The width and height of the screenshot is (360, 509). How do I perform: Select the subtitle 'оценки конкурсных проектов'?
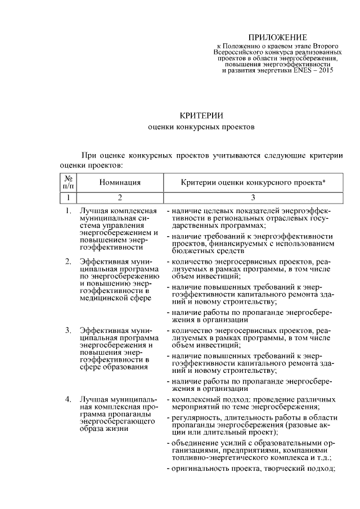coord(201,128)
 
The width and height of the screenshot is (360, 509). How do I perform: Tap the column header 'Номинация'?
coord(120,182)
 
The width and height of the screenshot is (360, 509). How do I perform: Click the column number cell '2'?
coord(120,197)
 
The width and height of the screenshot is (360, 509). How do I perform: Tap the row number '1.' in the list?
coord(68,211)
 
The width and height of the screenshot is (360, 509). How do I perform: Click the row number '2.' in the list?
coord(68,262)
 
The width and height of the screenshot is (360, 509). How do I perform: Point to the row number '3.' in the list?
coord(68,329)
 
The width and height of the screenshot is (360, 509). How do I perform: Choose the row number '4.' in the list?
coord(68,399)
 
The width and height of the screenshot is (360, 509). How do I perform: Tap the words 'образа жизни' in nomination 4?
coord(105,429)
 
